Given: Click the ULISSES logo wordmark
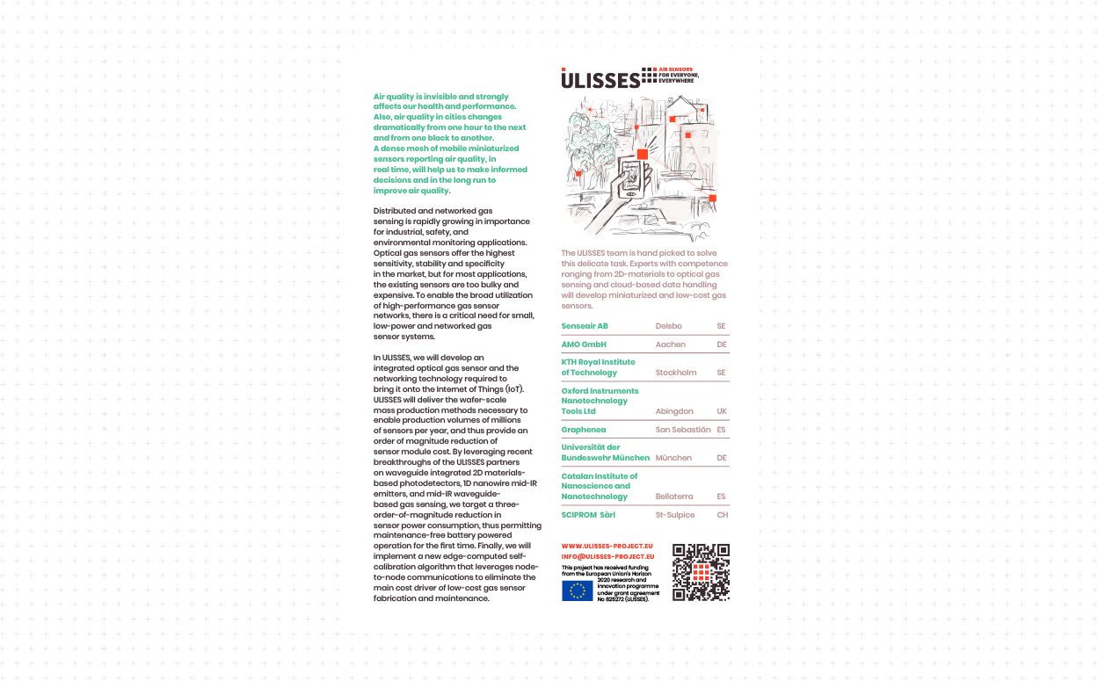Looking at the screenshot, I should point(600,80).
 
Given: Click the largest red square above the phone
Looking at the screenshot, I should point(643,154).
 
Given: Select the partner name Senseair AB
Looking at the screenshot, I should point(585,326).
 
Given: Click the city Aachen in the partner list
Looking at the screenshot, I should point(671,344).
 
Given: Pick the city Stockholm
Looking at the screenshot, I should point(676,373).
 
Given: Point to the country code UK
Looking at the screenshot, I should point(722,411).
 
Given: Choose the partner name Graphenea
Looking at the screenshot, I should point(585,430).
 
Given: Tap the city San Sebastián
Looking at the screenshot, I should point(683,430).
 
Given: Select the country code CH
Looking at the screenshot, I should point(723,515).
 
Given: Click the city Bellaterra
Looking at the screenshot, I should point(674,496).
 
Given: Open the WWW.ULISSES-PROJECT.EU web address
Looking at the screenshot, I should point(607,546).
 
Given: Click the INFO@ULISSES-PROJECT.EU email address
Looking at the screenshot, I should point(607,556).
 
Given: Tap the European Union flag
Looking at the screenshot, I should point(578,590).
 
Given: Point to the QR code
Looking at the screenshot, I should point(702,572).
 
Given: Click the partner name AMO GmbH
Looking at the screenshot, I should point(584,344).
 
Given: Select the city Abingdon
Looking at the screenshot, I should point(674,411).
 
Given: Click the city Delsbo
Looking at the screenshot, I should point(669,326).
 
